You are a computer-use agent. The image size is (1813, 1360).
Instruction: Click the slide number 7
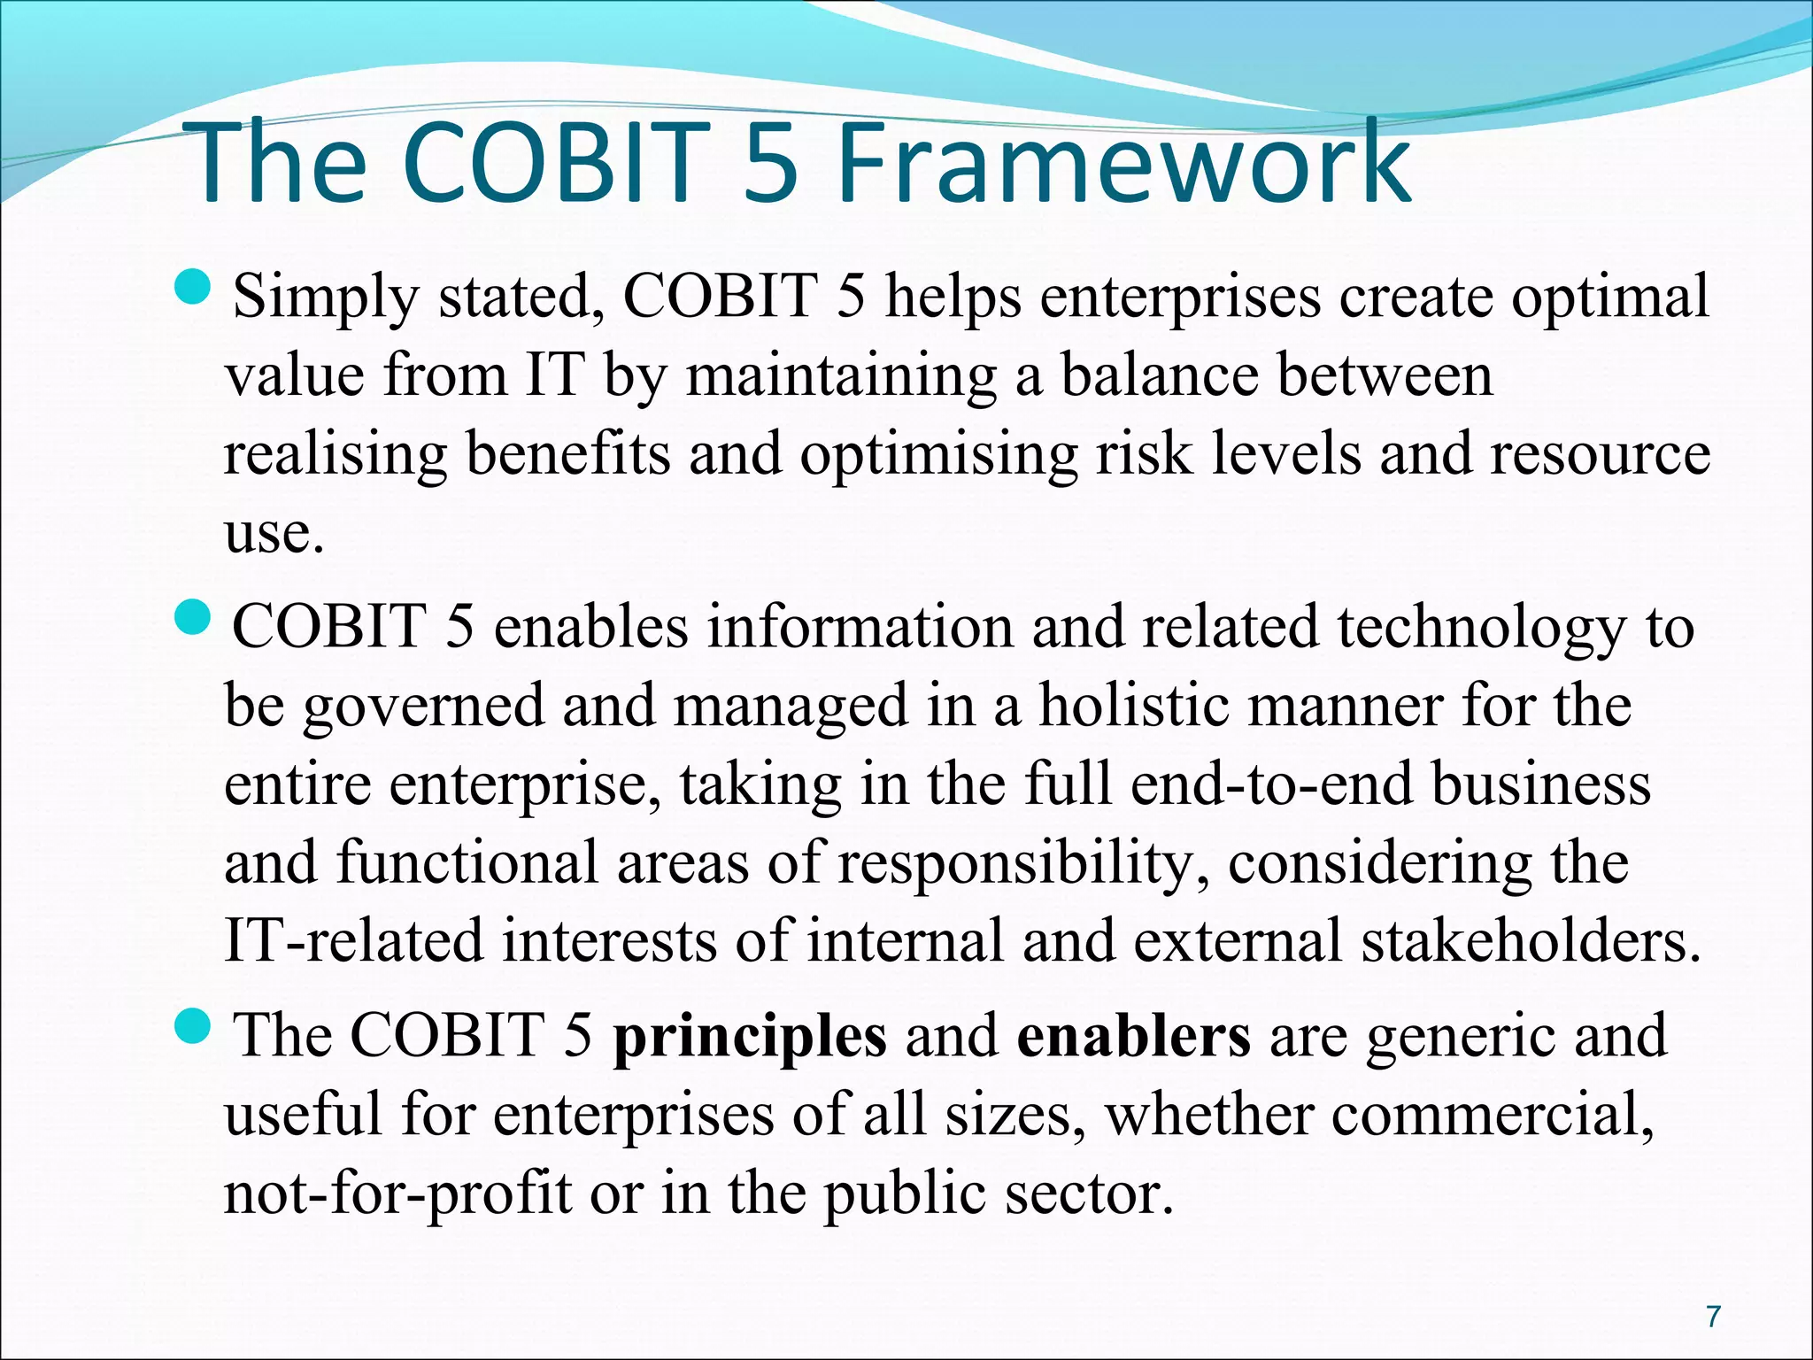(1713, 1317)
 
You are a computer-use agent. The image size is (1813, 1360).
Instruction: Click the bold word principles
(749, 1036)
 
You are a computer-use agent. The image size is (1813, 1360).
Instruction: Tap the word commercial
(1491, 1114)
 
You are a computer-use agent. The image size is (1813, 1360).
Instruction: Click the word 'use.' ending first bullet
(274, 534)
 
